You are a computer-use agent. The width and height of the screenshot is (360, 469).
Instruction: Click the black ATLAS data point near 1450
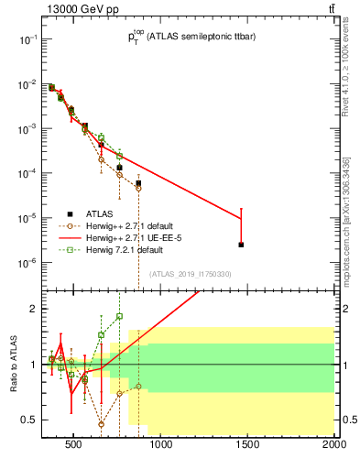[241, 245]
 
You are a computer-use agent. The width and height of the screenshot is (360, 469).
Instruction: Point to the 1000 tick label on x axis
[160, 446]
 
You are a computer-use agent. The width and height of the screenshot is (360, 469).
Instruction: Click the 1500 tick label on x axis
[247, 446]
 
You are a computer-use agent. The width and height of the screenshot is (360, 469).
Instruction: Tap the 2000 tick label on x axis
[333, 446]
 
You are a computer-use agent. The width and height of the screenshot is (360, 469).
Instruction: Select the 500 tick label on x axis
[75, 446]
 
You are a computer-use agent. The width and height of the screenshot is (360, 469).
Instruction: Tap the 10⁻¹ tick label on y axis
[27, 39]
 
